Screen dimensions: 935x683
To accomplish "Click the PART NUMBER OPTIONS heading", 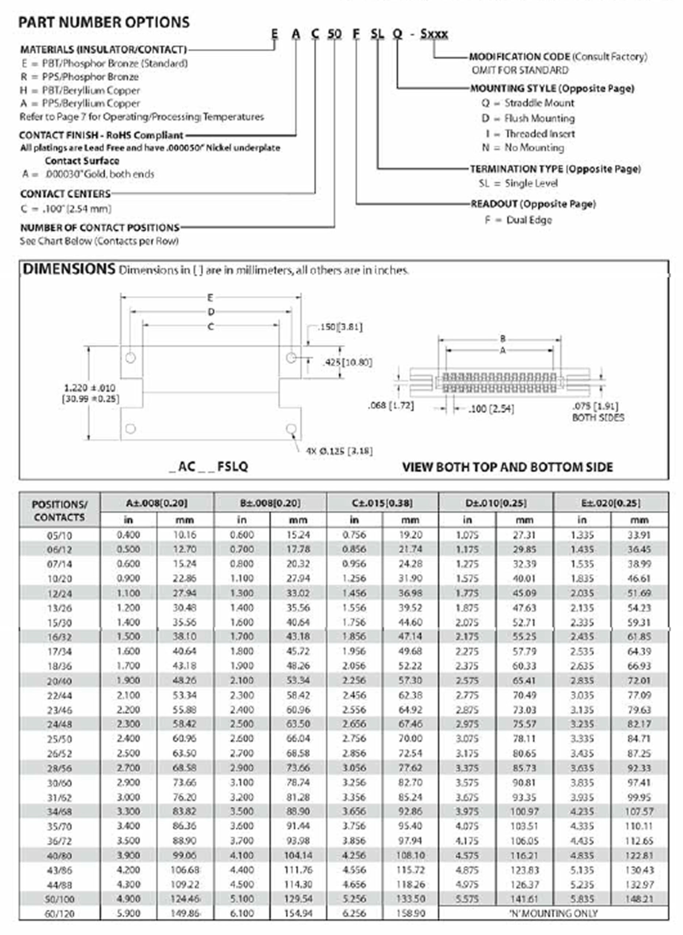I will pos(104,22).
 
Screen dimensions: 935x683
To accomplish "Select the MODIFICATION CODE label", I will pos(519,57).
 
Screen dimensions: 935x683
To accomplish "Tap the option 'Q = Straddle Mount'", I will pos(527,103).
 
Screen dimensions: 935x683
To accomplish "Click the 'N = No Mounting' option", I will pos(523,148).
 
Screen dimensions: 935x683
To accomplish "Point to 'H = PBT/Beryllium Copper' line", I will pos(80,90).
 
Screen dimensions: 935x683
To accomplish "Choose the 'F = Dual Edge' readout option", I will pos(518,220).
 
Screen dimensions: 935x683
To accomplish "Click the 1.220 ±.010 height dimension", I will pos(90,388).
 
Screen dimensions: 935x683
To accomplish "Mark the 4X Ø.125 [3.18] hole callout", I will pos(339,451).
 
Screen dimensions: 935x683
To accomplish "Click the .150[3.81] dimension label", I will pos(340,327).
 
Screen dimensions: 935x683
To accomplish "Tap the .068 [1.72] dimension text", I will pos(390,406).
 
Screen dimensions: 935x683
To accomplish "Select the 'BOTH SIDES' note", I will pos(598,418).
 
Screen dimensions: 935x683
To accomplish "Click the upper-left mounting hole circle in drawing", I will pos(131,358).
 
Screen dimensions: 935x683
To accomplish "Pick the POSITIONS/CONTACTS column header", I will pos(60,511).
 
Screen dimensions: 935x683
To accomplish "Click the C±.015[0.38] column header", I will pos(382,503).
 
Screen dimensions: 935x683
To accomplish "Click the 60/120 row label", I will pos(60,913).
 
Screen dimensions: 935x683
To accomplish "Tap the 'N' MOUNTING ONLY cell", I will pos(553,913).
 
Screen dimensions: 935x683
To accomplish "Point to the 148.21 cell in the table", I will pos(639,899).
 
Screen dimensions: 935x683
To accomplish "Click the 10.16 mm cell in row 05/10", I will pos(184,535).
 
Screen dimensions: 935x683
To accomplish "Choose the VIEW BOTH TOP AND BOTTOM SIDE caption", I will pos(507,467).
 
